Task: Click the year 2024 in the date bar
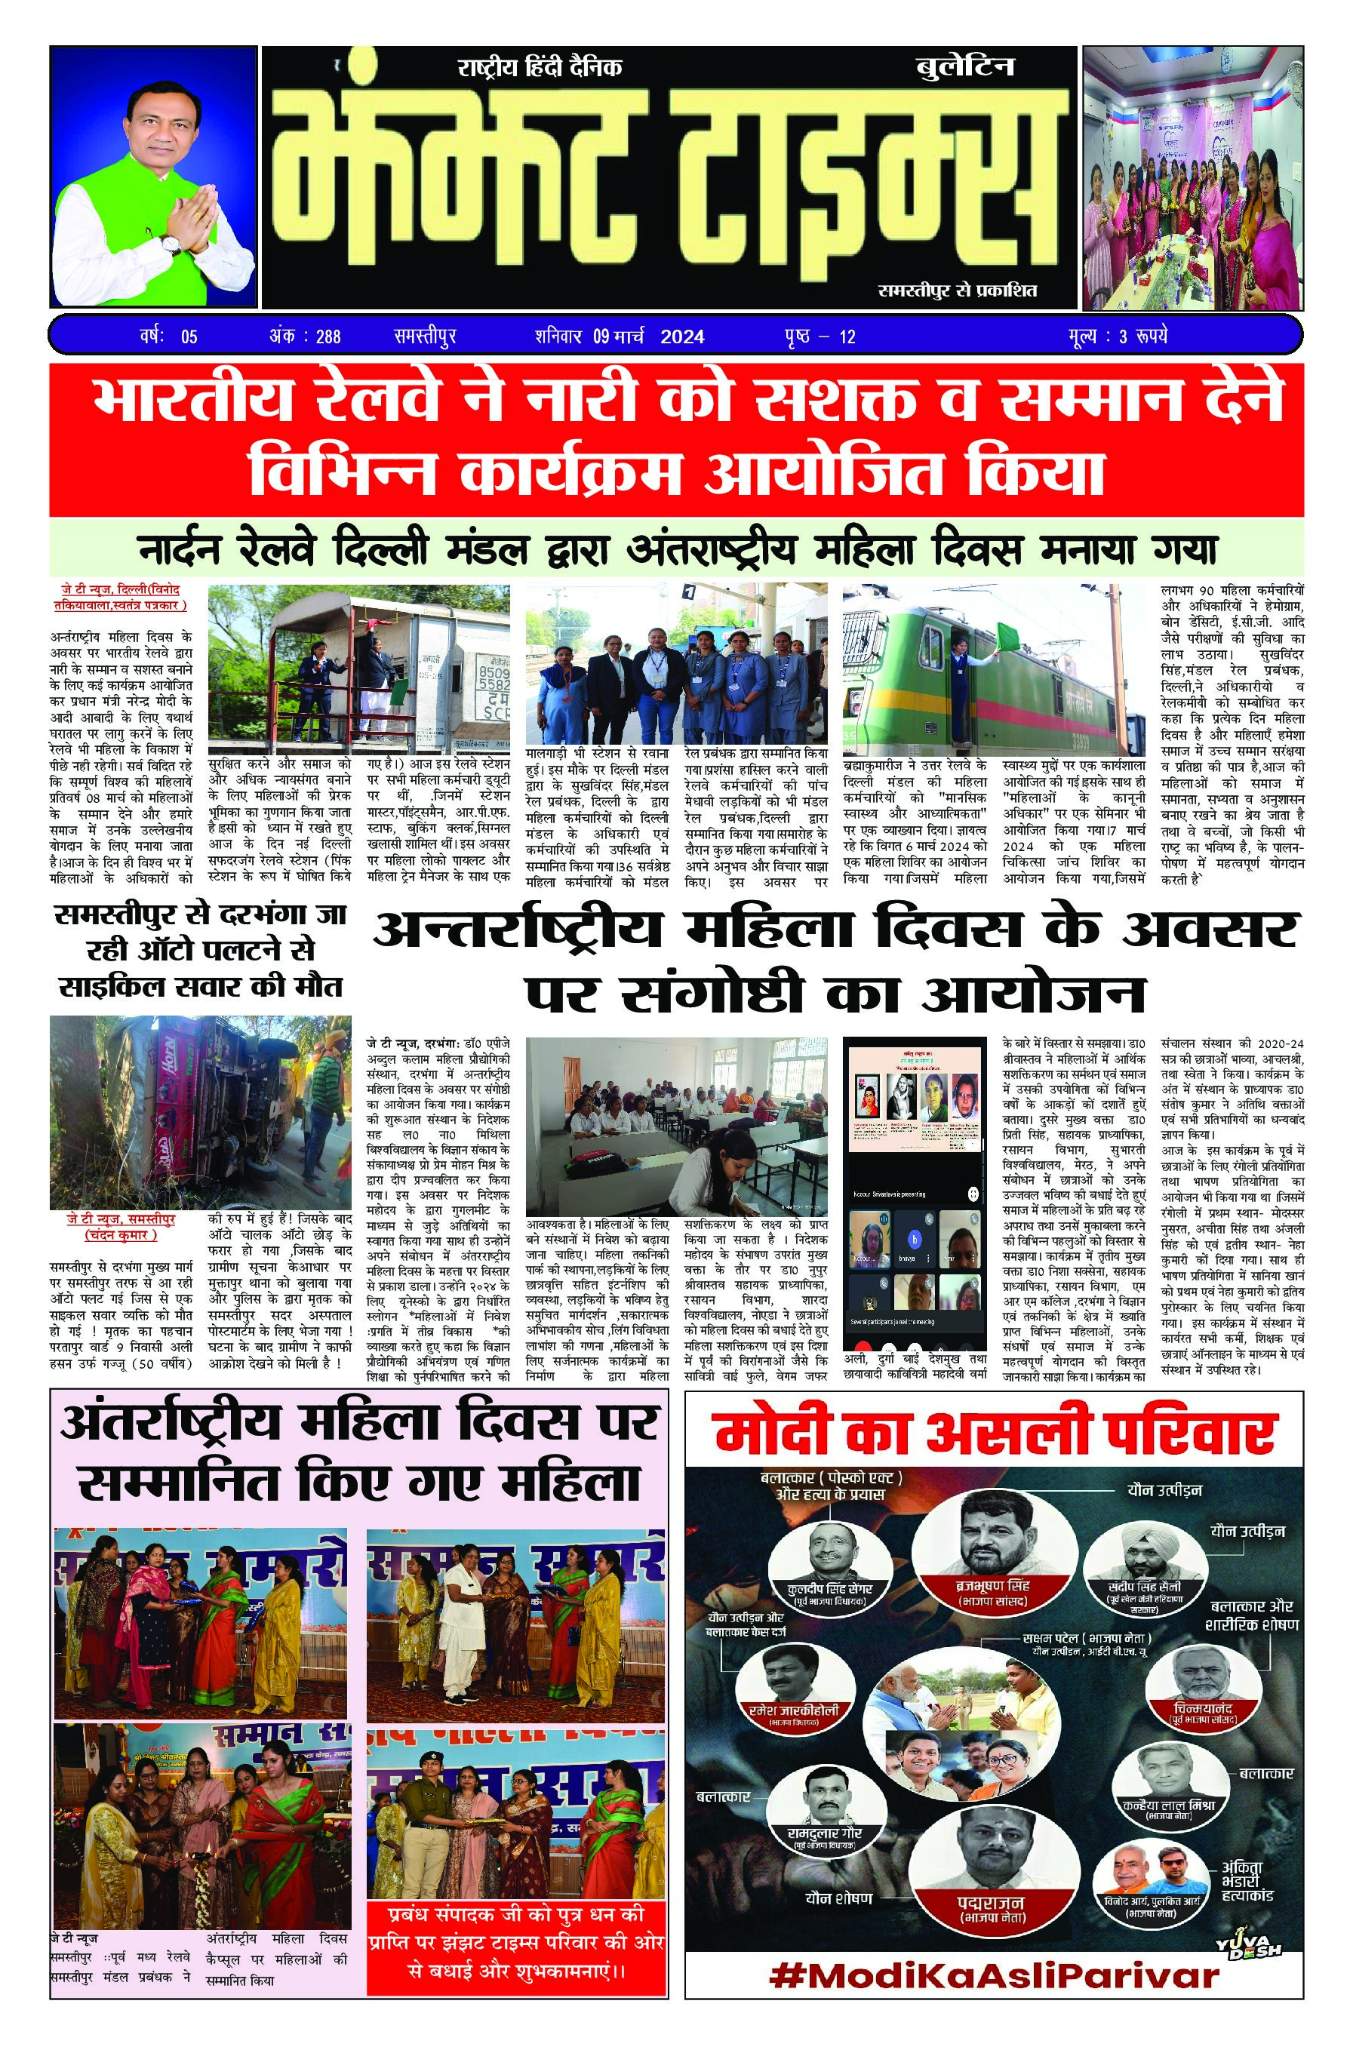click(x=681, y=337)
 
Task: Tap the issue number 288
click(x=328, y=337)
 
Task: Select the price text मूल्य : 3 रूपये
click(x=1116, y=337)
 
